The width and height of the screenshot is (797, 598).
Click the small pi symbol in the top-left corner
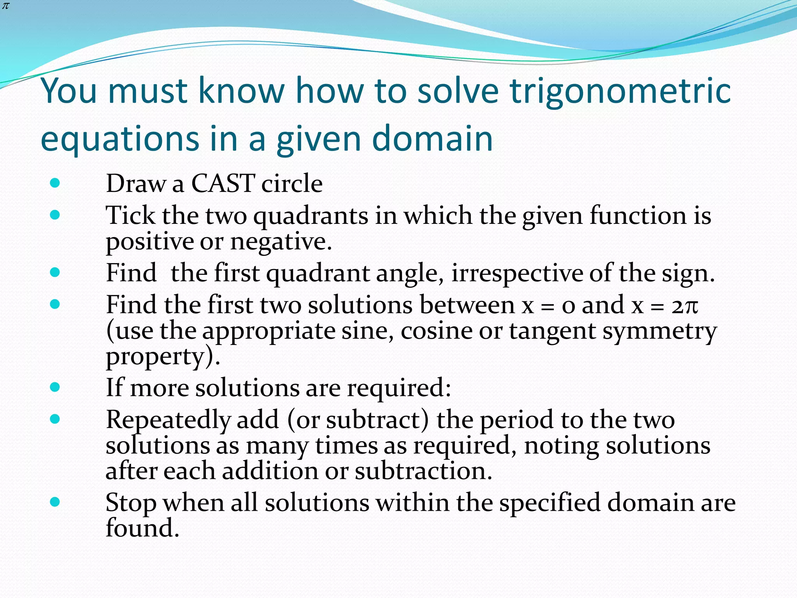tap(5, 6)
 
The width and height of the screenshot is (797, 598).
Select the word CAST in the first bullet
tap(223, 183)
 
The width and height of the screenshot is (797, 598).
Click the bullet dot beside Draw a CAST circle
tap(55, 183)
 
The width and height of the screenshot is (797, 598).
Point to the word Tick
tap(130, 215)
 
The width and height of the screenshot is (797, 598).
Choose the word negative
tap(281, 242)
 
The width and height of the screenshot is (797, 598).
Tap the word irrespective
tap(517, 273)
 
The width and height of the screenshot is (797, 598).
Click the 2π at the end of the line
tap(685, 305)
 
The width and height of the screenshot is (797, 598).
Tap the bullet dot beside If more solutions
tap(55, 387)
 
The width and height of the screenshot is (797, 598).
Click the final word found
tap(142, 528)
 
